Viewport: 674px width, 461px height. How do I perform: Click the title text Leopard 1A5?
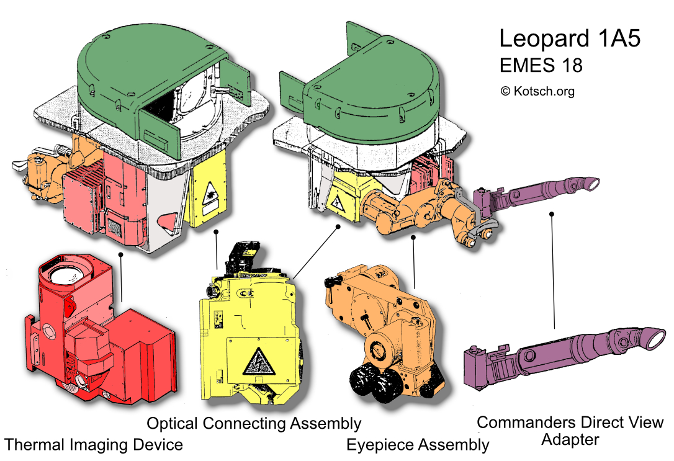pyautogui.click(x=570, y=38)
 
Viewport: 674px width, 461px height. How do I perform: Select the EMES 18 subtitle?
pyautogui.click(x=541, y=65)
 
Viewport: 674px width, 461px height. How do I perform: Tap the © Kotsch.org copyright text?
pyautogui.click(x=537, y=91)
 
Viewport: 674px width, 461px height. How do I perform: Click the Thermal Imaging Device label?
pyautogui.click(x=94, y=444)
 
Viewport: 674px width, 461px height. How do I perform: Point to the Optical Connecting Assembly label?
pyautogui.click(x=254, y=424)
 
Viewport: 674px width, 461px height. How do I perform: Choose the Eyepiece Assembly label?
pyautogui.click(x=418, y=444)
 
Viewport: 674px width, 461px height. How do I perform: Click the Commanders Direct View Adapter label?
pyautogui.click(x=570, y=431)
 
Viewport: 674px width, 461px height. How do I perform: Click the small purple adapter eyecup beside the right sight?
pyautogui.click(x=592, y=183)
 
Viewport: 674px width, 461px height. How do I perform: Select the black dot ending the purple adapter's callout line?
pyautogui.click(x=551, y=215)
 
